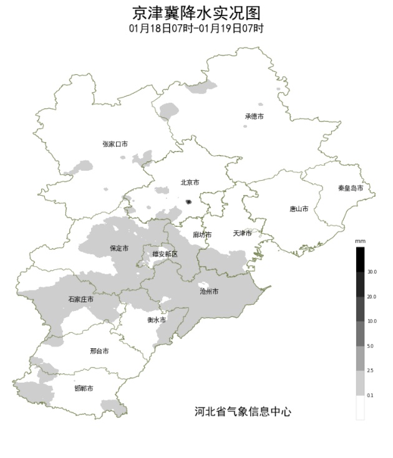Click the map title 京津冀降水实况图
[x=196, y=13]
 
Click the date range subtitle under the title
[x=196, y=29]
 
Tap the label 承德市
[x=254, y=117]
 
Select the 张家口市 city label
[x=115, y=144]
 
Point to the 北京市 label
[x=190, y=183]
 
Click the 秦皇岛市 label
[x=351, y=188]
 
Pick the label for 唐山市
[x=299, y=209]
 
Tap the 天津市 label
[x=242, y=233]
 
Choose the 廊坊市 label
[x=202, y=235]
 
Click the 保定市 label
[x=119, y=248]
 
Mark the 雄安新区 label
[x=165, y=254]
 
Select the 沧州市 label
[x=209, y=291]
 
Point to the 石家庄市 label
[x=81, y=300]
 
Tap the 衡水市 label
[x=157, y=320]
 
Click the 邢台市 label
[x=99, y=351]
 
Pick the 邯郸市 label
[x=84, y=388]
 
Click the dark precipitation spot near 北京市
[x=189, y=201]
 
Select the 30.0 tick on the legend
[x=372, y=272]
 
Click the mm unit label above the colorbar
[x=360, y=241]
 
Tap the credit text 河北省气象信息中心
[x=243, y=411]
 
